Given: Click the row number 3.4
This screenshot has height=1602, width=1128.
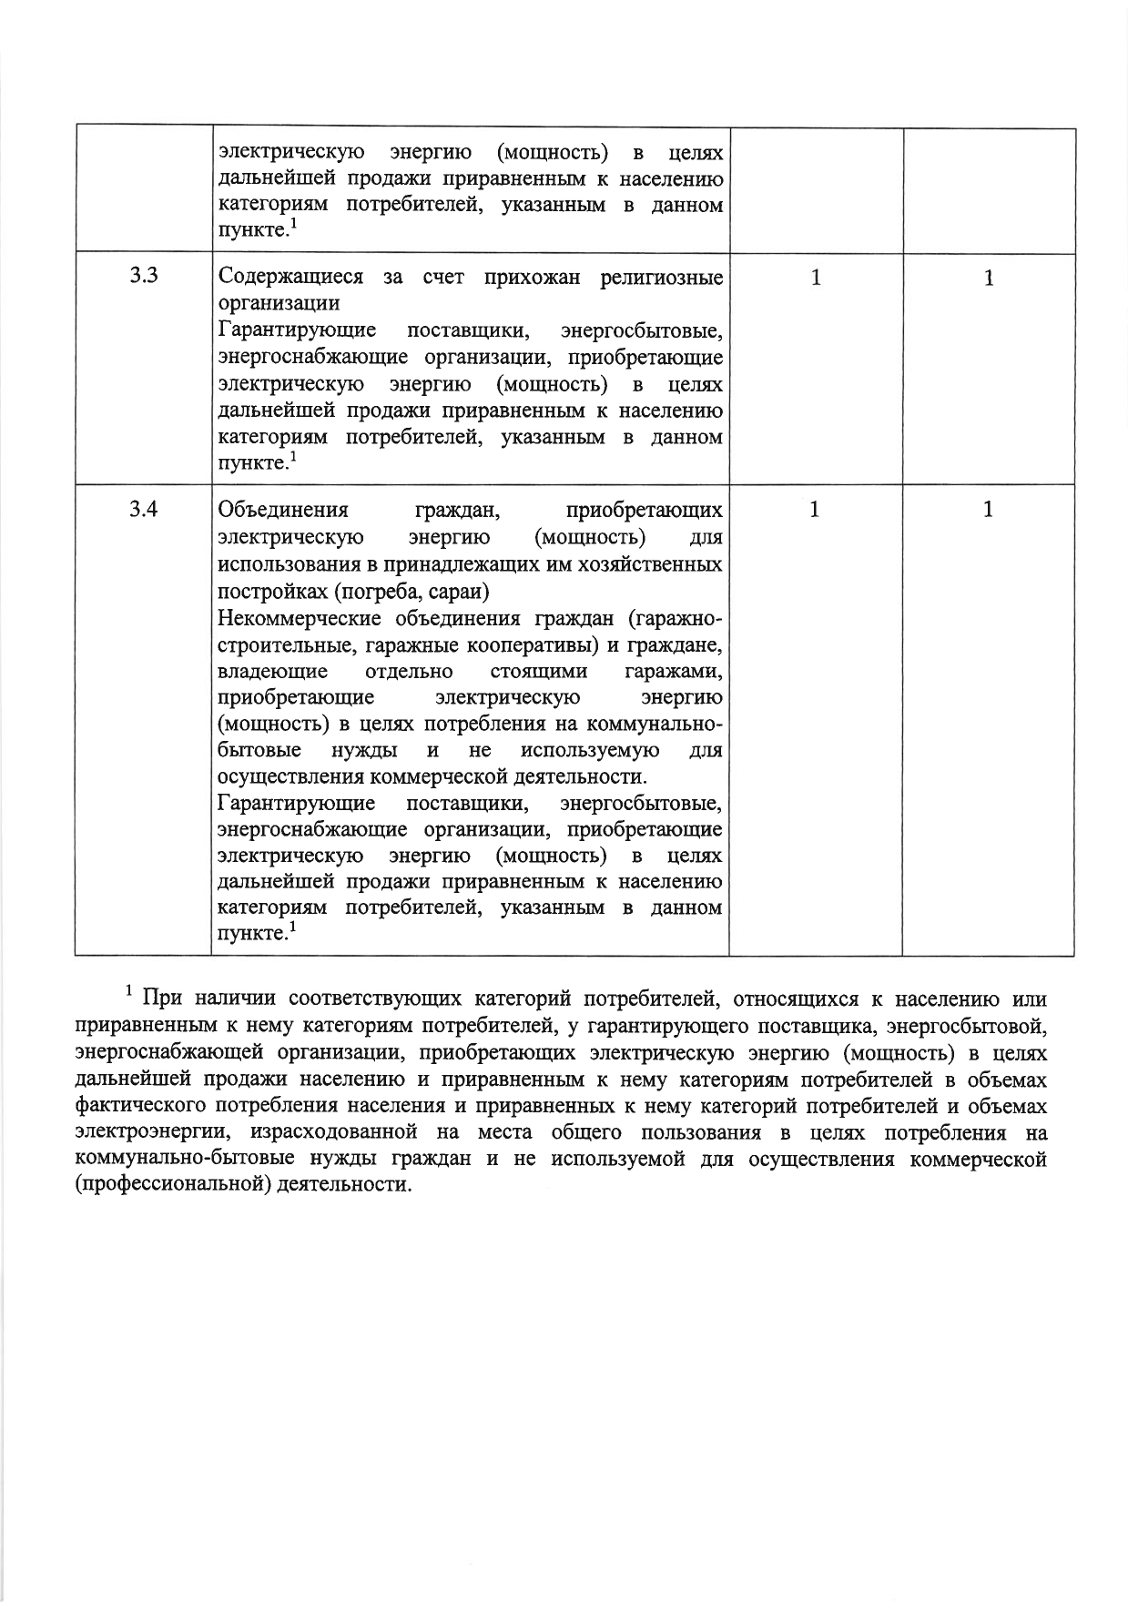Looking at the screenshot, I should [x=144, y=509].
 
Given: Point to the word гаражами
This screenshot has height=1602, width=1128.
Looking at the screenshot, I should [x=674, y=672].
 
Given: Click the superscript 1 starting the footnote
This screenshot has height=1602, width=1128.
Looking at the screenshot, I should [x=130, y=990].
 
